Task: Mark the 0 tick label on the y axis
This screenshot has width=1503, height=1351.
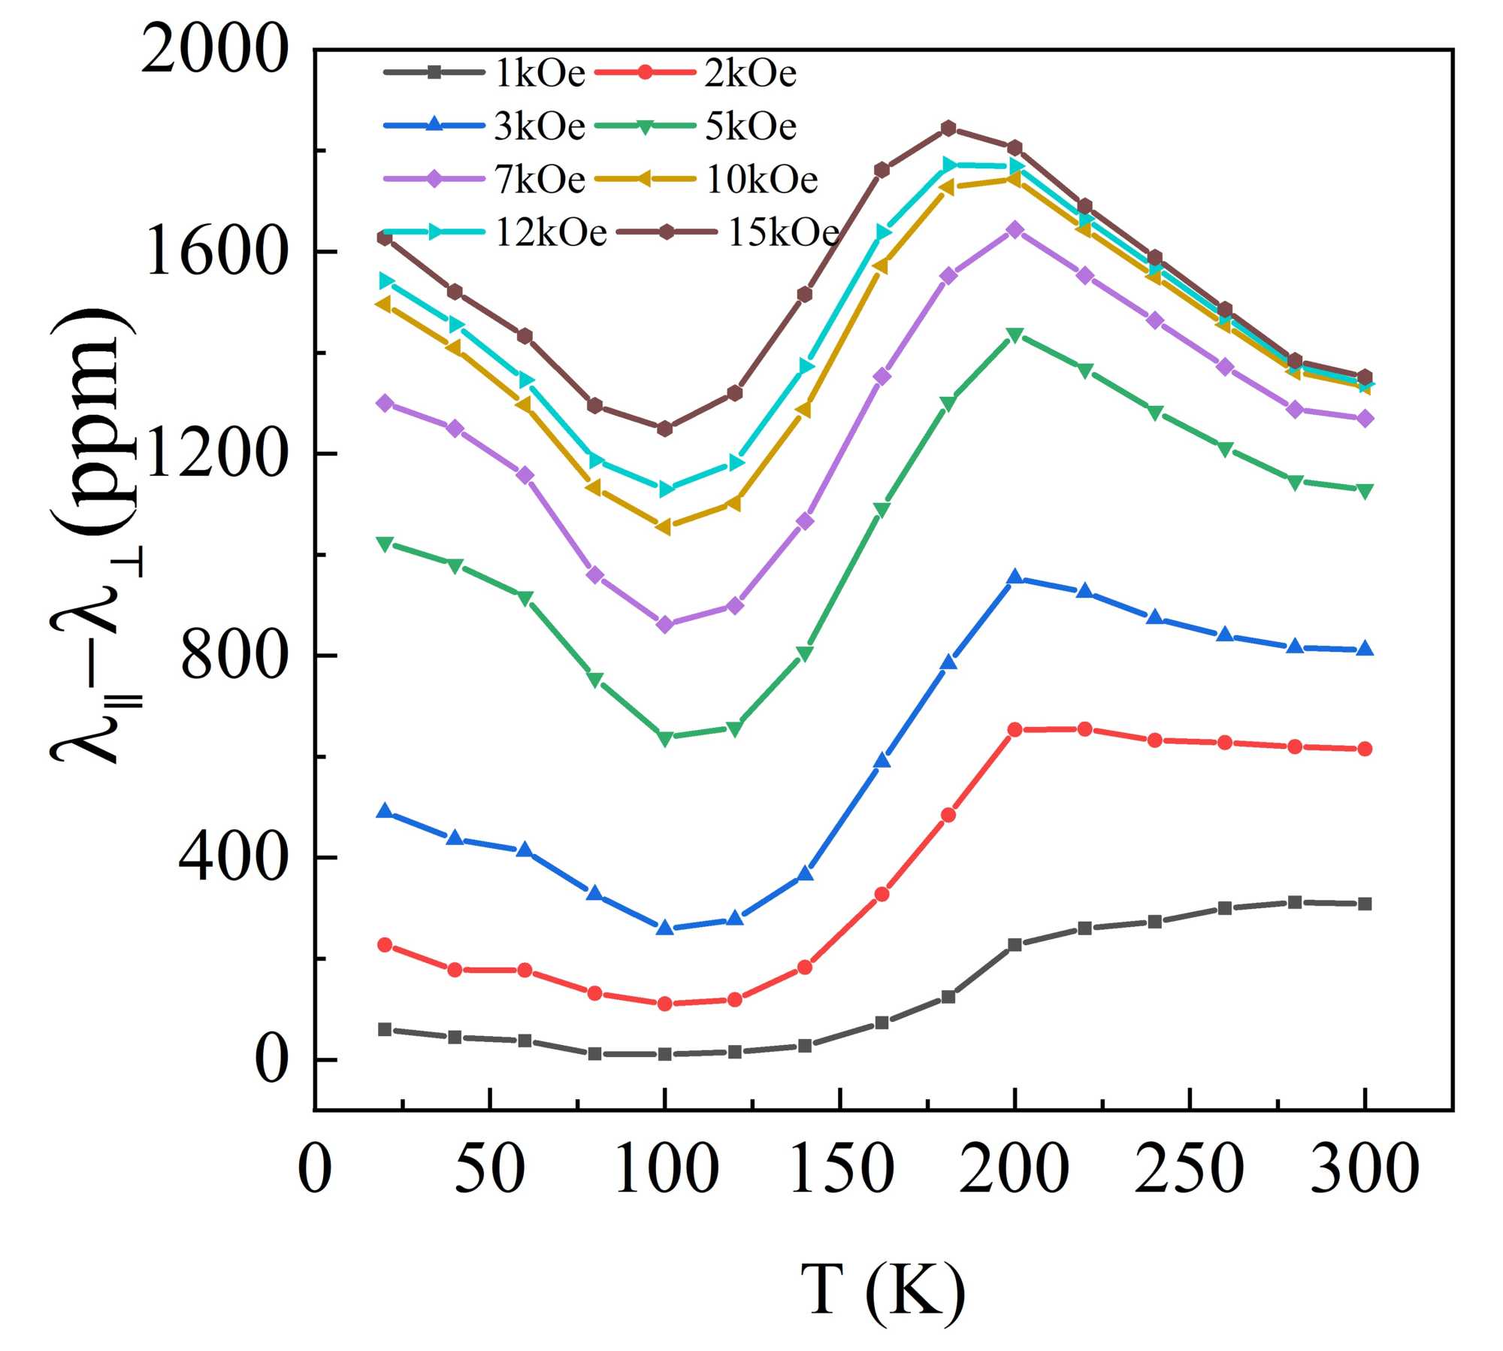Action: coord(272,1061)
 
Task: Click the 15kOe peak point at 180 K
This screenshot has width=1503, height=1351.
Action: coord(948,129)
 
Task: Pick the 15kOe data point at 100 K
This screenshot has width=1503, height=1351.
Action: coord(664,429)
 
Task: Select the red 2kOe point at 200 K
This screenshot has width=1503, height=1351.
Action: coord(1015,729)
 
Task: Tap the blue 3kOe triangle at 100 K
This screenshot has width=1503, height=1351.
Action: coord(664,928)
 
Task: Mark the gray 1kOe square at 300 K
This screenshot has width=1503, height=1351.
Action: coord(1365,904)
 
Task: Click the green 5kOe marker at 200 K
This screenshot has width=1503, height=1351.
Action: coord(1015,335)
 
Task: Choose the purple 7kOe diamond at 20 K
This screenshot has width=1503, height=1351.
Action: coord(385,403)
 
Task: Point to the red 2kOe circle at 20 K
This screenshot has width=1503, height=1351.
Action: coord(385,945)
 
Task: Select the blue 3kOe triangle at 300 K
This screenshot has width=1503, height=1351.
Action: coord(1365,650)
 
